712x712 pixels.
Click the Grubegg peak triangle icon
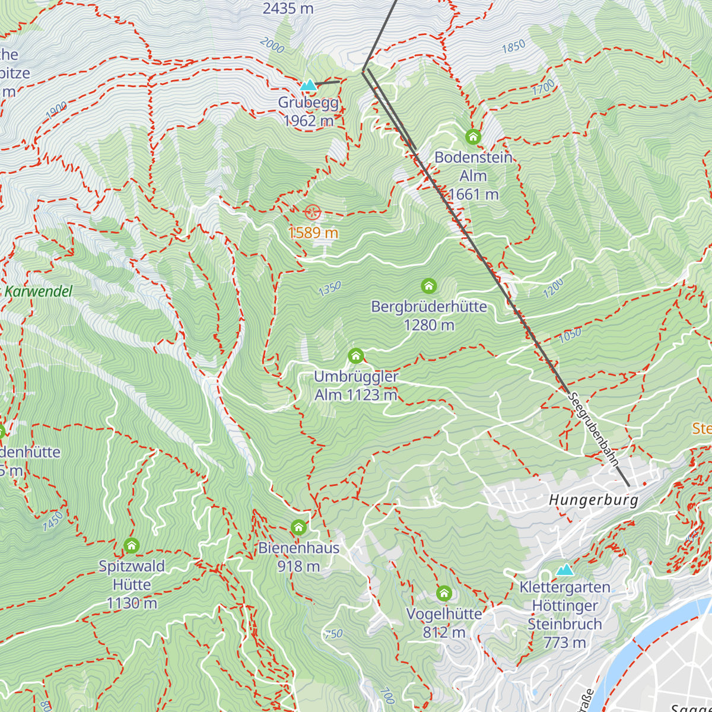(308, 85)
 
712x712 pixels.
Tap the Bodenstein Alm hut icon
(473, 137)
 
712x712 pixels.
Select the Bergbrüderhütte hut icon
(428, 287)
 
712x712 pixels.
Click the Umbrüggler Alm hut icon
(355, 356)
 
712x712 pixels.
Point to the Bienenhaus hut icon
(298, 527)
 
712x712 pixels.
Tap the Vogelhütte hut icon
(444, 593)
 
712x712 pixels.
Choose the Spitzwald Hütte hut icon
(132, 545)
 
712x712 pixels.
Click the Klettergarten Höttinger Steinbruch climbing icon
(565, 570)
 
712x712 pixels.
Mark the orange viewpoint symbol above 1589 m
(313, 212)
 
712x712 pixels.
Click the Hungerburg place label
(593, 500)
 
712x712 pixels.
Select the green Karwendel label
(38, 291)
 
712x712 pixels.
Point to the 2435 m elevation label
(288, 8)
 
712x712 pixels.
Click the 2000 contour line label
(272, 45)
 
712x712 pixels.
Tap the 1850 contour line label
(513, 46)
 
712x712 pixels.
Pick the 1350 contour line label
(329, 289)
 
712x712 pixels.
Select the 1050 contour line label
(570, 336)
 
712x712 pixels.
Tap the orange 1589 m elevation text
(313, 233)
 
